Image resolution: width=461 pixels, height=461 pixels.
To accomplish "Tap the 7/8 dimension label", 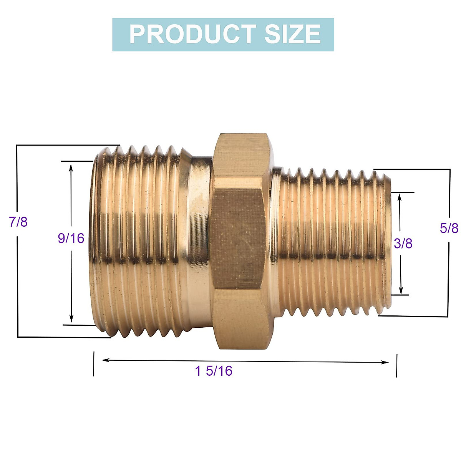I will (18, 222).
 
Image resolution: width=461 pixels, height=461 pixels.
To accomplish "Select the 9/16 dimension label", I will (71, 238).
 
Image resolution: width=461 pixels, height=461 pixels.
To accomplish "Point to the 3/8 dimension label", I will (403, 243).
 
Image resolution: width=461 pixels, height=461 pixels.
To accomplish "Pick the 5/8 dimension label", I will (449, 228).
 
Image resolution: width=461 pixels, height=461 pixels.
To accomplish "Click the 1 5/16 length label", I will (214, 371).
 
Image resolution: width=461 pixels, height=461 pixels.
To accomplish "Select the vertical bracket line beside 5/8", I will (449, 269).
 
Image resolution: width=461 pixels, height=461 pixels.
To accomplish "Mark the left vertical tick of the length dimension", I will (93, 363).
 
